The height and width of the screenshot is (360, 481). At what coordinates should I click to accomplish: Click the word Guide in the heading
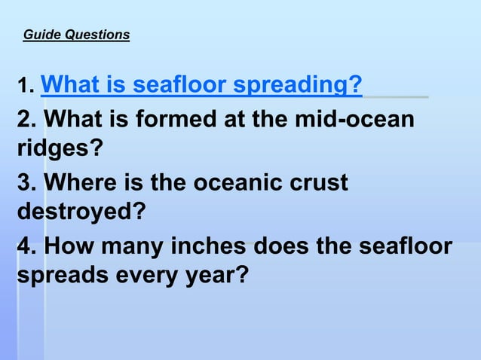[41, 35]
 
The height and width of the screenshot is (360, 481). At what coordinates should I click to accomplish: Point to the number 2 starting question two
[24, 120]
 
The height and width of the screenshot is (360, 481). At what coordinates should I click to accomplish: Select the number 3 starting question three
[24, 183]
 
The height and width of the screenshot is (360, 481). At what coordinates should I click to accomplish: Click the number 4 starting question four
[24, 246]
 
